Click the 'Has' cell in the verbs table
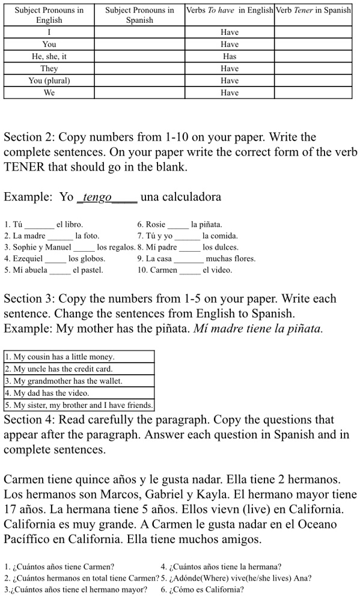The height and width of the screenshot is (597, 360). [x=229, y=56]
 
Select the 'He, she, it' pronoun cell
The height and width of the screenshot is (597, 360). [x=49, y=56]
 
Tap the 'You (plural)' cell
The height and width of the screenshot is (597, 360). [x=49, y=80]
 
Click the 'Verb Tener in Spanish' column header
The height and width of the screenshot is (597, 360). [x=313, y=10]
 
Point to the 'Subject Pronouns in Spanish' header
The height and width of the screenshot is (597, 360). [x=139, y=15]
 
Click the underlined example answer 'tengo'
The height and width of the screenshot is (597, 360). [x=97, y=197]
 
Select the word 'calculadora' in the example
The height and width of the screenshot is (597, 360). [x=181, y=197]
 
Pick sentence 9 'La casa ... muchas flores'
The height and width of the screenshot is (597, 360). [x=196, y=259]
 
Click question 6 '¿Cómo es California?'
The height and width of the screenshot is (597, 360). [x=202, y=589]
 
